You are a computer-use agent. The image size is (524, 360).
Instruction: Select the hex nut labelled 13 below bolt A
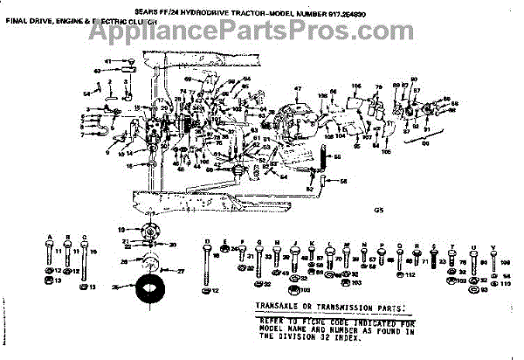[x=49, y=281]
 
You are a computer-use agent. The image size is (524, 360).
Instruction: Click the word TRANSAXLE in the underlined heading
[x=279, y=308]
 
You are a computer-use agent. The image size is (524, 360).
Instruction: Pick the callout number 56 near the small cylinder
[x=342, y=181]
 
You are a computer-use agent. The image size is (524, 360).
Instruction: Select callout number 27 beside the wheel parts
[x=183, y=272]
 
